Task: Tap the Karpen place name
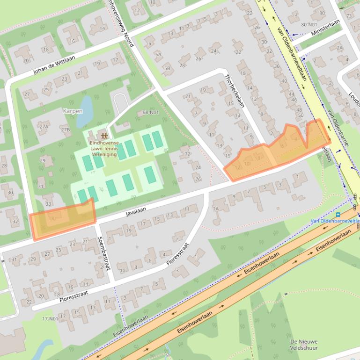[x=73, y=111]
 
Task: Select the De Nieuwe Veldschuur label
[x=304, y=345]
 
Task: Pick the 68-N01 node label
[x=151, y=112]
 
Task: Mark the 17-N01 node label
[x=50, y=319]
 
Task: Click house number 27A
[x=44, y=127]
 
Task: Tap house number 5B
[x=166, y=68]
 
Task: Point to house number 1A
[x=216, y=209]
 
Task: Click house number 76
[x=198, y=179]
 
